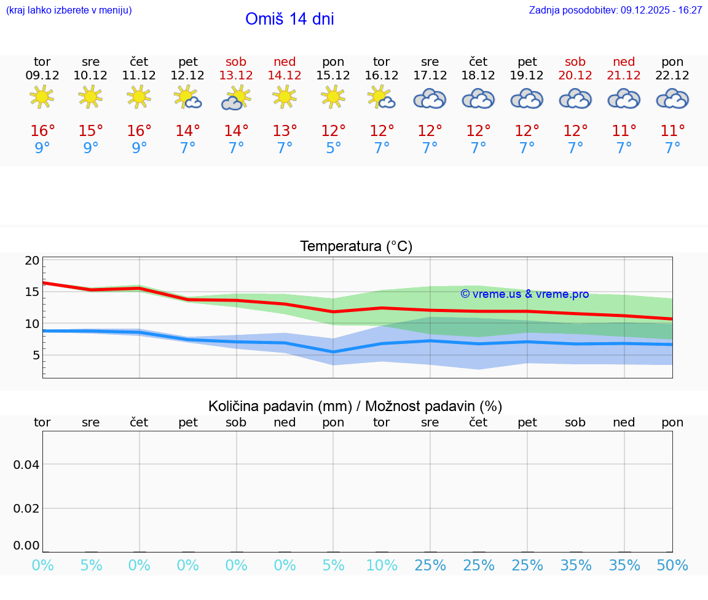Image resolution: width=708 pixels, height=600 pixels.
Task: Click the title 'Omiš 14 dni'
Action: (x=289, y=19)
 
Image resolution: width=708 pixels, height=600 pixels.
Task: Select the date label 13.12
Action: (x=236, y=76)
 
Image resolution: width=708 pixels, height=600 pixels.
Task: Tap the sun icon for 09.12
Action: (x=42, y=97)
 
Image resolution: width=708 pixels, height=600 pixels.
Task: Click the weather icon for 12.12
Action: (x=187, y=97)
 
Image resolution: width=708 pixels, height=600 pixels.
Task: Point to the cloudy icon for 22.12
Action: (x=672, y=98)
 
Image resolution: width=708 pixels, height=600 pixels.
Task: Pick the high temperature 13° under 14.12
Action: (x=285, y=131)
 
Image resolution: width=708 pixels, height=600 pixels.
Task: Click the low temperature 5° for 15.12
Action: (x=333, y=148)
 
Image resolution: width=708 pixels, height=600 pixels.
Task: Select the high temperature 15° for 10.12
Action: (x=90, y=131)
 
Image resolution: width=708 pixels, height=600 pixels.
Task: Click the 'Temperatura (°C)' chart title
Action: (x=356, y=247)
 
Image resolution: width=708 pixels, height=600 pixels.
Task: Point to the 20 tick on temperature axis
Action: (x=32, y=260)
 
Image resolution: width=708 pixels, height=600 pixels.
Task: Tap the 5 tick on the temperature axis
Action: (x=36, y=355)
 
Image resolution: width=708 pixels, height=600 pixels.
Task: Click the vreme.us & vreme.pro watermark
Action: (x=524, y=294)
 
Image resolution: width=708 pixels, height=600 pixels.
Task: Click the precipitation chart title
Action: (x=355, y=406)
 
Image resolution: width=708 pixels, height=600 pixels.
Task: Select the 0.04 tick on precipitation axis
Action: (x=26, y=465)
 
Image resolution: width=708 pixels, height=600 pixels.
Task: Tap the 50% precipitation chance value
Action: (x=672, y=566)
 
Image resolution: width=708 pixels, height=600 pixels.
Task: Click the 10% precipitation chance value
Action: (x=382, y=566)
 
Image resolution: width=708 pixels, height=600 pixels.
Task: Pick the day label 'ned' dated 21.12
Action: (x=624, y=62)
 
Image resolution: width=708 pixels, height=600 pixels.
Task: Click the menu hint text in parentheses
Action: (x=69, y=10)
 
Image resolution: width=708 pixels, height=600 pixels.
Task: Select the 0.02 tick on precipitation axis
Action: (x=26, y=508)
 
